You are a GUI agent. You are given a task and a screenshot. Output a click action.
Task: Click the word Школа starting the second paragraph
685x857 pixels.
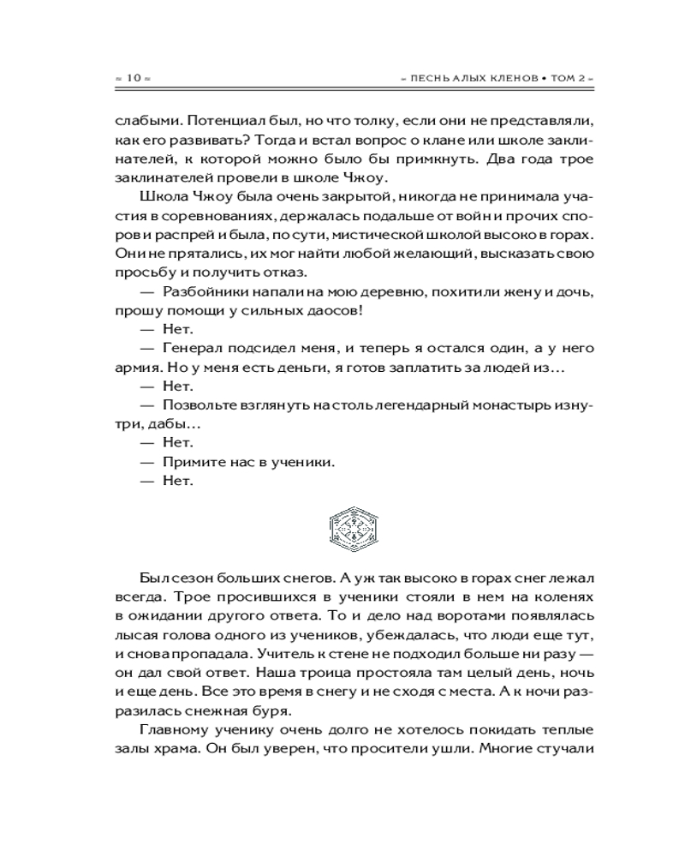point(158,200)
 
